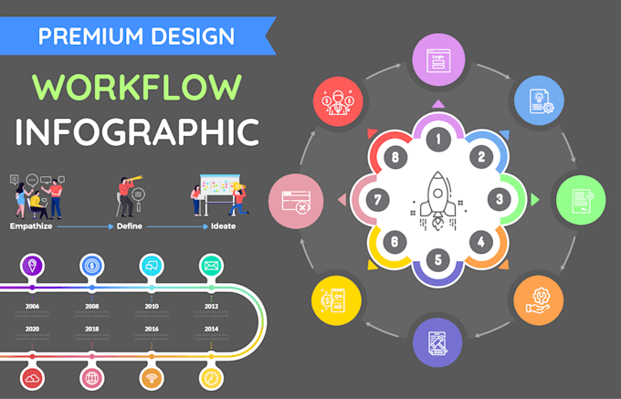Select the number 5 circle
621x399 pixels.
coord(437,260)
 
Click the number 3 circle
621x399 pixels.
coord(499,198)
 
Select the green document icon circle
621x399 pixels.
coord(581,199)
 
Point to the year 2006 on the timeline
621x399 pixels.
coord(32,307)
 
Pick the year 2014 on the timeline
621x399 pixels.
coord(211,328)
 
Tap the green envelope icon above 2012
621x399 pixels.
coord(211,266)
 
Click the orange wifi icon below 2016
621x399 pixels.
coord(152,377)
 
